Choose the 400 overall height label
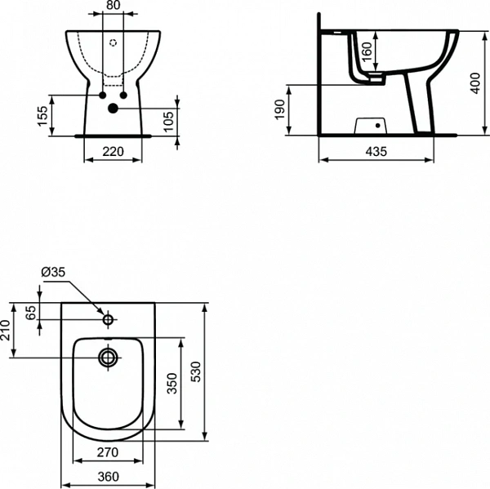473,82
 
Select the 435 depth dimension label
375,151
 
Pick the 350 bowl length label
172,384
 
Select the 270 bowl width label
109,451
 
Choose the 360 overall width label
109,477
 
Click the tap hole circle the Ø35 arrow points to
108,314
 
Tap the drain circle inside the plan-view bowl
108,357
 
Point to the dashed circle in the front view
114,42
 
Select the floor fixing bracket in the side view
371,126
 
